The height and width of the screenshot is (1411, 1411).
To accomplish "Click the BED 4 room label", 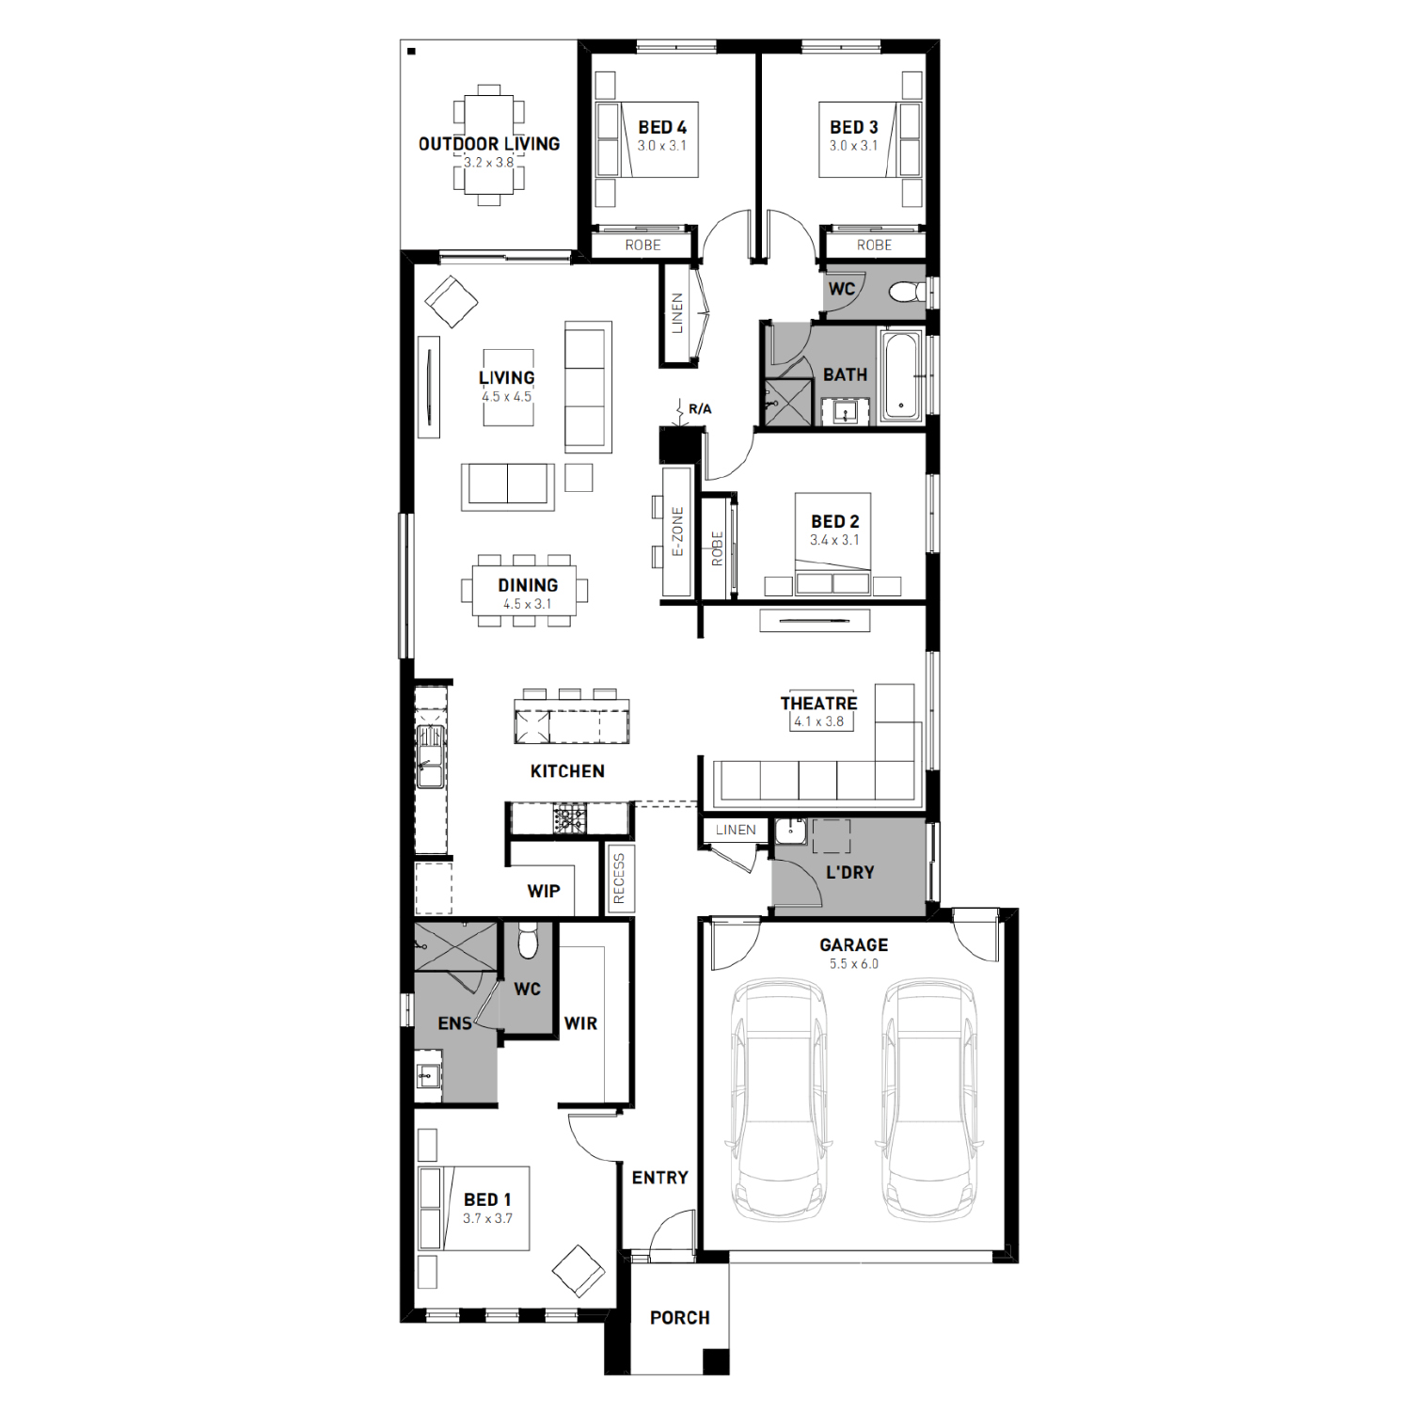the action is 662,127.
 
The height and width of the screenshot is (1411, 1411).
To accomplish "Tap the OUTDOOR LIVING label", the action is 489,144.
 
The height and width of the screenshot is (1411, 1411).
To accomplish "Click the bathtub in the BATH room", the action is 902,374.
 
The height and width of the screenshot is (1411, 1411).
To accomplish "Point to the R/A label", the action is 700,409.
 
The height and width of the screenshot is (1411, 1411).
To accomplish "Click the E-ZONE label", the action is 677,531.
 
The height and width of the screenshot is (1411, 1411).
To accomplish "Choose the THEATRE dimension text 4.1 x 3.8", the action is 818,721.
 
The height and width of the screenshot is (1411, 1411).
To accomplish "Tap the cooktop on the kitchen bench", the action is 569,819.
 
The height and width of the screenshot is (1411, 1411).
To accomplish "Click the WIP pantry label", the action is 544,891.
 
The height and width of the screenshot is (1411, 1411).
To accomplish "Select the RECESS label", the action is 618,880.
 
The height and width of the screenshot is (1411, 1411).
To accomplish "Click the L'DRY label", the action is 850,873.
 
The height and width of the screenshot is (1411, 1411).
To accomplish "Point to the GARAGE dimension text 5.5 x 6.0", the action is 854,964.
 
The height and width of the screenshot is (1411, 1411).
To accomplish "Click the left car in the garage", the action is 779,1101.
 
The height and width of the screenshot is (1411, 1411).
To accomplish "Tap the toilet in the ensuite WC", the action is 528,941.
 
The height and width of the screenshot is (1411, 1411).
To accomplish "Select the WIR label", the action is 580,1023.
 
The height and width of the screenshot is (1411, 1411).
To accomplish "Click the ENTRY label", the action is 659,1178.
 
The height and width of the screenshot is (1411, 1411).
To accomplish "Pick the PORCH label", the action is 680,1318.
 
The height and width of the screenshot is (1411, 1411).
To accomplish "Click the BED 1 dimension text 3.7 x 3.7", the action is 487,1218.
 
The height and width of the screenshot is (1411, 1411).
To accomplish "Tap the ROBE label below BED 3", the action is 874,245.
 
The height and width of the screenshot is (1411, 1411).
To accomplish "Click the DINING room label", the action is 528,585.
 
